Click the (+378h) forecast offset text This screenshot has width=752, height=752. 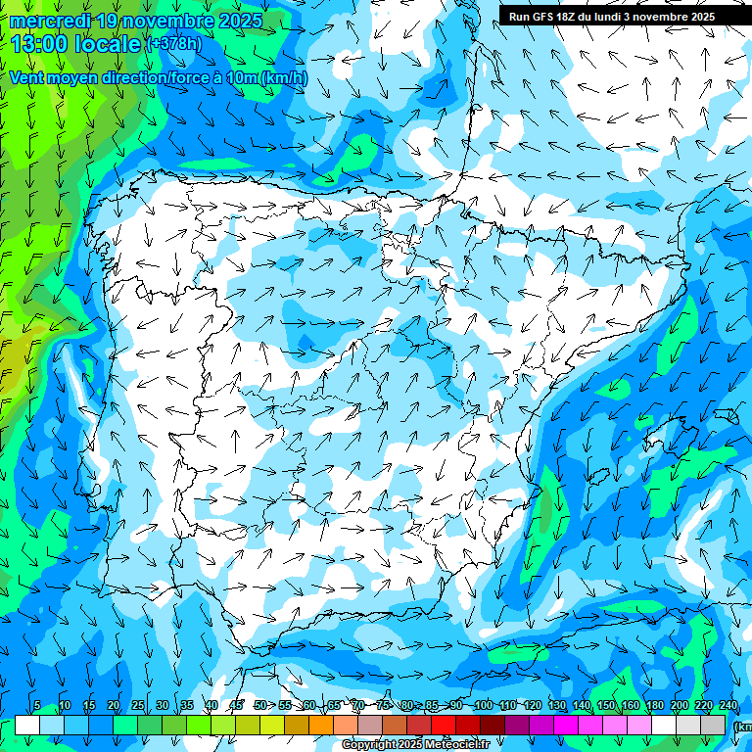click(x=173, y=44)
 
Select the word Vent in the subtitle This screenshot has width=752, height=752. click(x=27, y=77)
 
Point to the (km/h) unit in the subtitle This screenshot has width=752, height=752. click(x=284, y=77)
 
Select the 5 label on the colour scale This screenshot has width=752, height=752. click(x=37, y=706)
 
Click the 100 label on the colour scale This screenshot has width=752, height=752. click(x=483, y=706)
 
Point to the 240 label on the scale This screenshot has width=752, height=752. click(x=728, y=706)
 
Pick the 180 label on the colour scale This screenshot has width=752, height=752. click(x=654, y=706)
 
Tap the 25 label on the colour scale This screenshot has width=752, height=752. click(x=138, y=706)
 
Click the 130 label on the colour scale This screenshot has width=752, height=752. click(x=556, y=706)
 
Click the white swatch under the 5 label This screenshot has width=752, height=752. click(x=27, y=725)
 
